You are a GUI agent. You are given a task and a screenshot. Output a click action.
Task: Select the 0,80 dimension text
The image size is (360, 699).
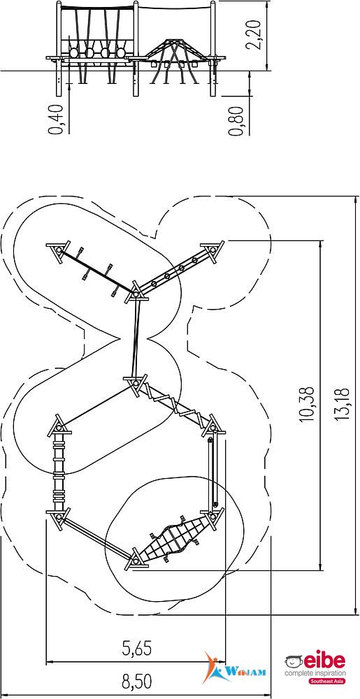[236, 120]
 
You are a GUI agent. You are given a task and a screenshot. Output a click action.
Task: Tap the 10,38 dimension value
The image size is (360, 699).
[308, 403]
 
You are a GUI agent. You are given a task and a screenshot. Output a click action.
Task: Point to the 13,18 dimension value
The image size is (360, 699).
[343, 403]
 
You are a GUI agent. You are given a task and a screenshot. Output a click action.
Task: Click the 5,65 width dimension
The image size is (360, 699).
[137, 648]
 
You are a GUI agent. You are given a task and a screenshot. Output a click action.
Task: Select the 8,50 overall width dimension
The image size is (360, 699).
[137, 681]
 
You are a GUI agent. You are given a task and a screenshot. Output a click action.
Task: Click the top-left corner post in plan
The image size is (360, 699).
[58, 250]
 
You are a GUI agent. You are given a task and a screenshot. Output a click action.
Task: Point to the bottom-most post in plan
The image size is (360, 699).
[136, 559]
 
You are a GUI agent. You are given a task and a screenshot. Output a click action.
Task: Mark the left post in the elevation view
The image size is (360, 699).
[58, 48]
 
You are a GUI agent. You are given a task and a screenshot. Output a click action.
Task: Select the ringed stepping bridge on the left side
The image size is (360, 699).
[59, 473]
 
